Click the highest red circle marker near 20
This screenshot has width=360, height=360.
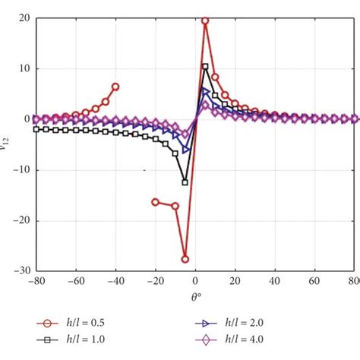click(205, 21)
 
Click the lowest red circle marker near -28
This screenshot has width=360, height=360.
click(185, 259)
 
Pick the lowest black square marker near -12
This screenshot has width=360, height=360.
click(185, 182)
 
